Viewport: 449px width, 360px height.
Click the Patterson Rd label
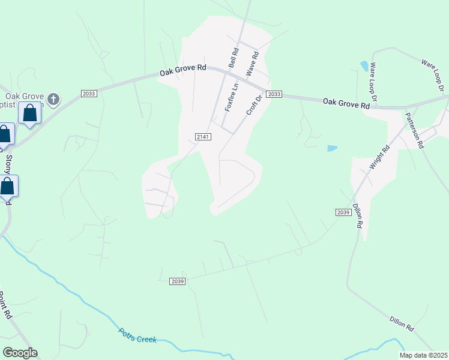(x=414, y=130)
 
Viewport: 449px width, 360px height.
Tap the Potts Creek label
(x=137, y=335)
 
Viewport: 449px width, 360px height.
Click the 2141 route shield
(x=203, y=137)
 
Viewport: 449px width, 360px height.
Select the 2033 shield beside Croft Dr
(x=274, y=95)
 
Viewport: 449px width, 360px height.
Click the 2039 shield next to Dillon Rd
(x=343, y=213)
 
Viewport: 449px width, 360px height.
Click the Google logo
(x=20, y=353)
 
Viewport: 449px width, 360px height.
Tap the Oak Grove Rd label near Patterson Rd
(x=346, y=103)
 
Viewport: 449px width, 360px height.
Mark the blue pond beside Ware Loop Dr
(x=364, y=65)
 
